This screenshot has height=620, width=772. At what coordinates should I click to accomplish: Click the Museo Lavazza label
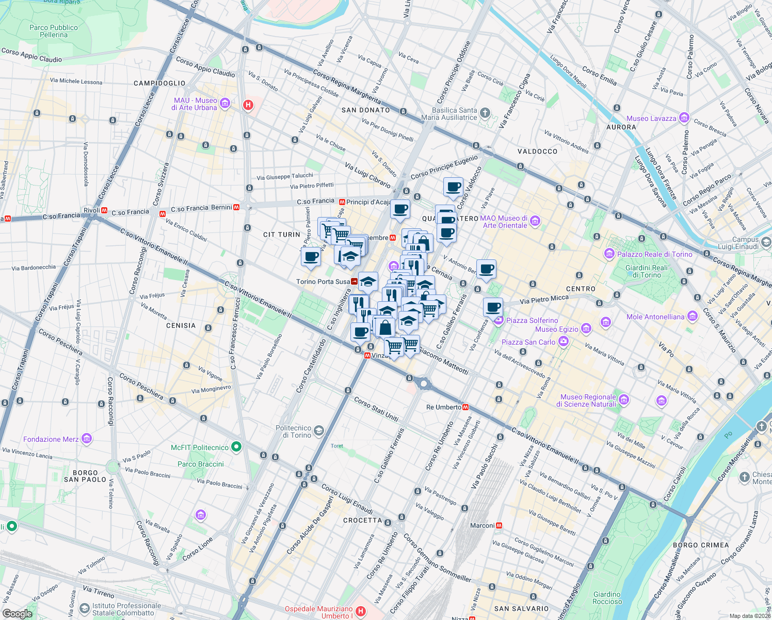651,118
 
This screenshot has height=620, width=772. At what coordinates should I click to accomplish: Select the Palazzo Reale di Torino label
654,254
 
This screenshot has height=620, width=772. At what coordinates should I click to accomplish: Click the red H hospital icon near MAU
248,105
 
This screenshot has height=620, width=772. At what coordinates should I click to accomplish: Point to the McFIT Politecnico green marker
236,447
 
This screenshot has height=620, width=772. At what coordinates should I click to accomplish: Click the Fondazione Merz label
51,439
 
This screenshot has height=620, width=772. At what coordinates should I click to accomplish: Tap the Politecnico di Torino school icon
319,431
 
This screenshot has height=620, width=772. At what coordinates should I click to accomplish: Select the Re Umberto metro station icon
465,407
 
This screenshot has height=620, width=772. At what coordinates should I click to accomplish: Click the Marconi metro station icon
499,525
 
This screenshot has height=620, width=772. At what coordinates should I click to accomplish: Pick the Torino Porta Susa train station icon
355,282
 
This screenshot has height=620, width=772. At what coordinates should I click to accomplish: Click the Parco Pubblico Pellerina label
54,31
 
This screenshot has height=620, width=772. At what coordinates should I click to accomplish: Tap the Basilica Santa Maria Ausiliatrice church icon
485,113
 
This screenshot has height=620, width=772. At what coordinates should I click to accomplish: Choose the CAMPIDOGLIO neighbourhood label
159,83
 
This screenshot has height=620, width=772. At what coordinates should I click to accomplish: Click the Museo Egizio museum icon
586,329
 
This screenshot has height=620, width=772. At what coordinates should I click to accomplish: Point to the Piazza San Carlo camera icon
563,341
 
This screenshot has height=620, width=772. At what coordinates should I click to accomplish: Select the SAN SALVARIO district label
521,609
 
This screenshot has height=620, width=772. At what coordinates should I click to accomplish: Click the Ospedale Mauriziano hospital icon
361,612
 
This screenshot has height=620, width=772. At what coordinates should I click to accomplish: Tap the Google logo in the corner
17,613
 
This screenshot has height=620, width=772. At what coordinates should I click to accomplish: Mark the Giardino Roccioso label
607,598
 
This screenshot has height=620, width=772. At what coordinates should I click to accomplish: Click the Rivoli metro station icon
105,211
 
